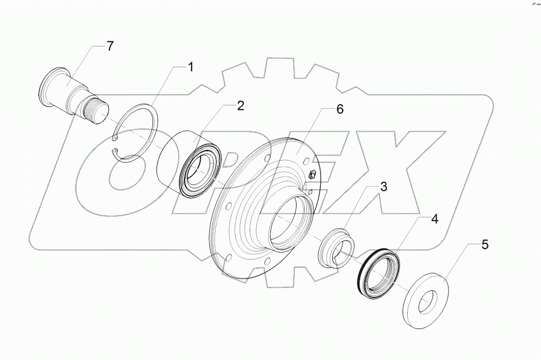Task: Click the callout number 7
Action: click(110, 46)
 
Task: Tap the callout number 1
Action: click(191, 67)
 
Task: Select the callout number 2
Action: click(240, 105)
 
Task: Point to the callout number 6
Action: click(339, 109)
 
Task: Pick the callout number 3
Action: click(383, 186)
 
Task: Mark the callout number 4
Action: click(435, 219)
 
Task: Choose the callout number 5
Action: click(485, 244)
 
